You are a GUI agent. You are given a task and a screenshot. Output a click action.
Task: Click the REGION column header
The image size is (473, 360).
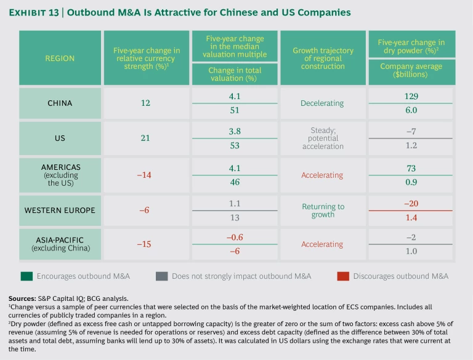point(59,58)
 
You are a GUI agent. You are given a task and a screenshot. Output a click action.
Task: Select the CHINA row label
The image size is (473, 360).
point(59,103)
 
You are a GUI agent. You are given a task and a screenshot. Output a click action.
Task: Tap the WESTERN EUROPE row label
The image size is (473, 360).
point(59,210)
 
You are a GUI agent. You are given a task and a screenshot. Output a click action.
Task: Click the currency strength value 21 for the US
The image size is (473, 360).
point(145,138)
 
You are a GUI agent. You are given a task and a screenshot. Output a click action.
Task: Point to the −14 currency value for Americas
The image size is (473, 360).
point(145,175)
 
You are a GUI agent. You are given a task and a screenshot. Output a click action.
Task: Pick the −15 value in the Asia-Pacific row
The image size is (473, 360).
point(145,244)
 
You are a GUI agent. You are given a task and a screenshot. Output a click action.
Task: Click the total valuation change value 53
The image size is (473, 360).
point(234,145)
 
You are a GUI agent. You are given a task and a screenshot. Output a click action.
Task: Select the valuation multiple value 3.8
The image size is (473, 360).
point(234,131)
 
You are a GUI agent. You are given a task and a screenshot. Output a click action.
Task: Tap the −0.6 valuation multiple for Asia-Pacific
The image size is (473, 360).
point(234,238)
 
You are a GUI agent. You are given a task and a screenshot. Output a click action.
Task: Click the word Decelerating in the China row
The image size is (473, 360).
point(322,103)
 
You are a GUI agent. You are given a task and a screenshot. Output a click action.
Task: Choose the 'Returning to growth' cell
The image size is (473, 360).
point(322,210)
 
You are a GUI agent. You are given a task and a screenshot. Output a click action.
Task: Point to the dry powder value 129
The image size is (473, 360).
point(411,96)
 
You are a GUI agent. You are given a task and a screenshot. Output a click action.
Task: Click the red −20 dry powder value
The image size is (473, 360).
point(411,203)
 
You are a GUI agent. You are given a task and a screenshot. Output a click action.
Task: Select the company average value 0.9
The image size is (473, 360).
point(411,181)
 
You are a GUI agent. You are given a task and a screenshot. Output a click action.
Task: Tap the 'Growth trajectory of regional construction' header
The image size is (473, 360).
point(322,58)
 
